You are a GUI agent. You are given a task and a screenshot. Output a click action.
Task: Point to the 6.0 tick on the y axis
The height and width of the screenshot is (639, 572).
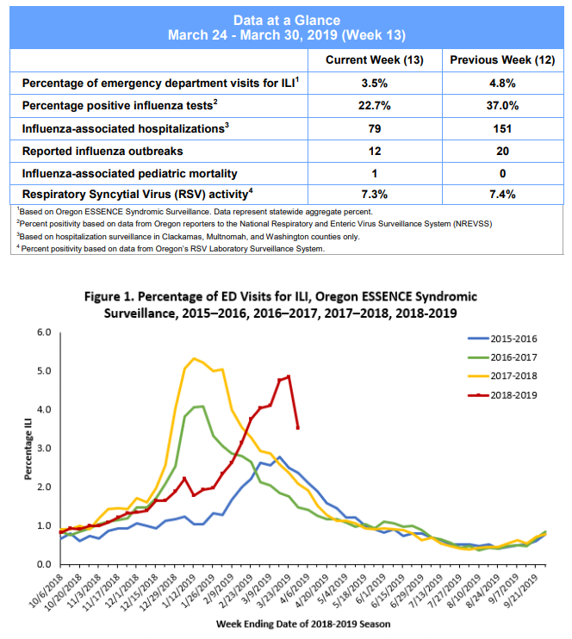(x=44, y=332)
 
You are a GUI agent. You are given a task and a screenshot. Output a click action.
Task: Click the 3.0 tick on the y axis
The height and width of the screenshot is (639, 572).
(x=44, y=449)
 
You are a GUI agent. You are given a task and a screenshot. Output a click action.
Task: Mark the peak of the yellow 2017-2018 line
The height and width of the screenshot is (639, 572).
(x=194, y=358)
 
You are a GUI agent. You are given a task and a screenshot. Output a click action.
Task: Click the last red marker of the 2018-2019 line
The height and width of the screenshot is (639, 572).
(x=298, y=427)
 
